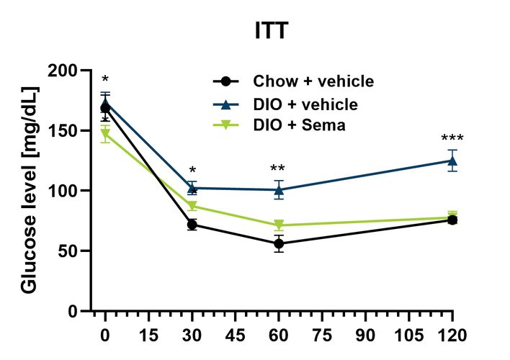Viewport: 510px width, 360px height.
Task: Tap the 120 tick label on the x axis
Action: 452,335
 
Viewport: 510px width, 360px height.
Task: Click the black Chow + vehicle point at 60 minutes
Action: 278,244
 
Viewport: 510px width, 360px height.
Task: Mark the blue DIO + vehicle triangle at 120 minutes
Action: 452,161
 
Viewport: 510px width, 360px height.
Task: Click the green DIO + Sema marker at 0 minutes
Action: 105,135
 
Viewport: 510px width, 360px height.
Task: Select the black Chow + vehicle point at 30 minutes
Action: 192,225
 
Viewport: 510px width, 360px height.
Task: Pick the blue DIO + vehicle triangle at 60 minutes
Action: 278,190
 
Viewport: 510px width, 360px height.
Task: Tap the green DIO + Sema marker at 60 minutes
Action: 278,226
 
